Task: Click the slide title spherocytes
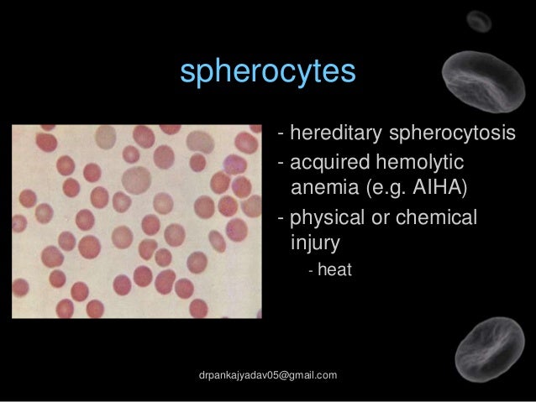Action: (x=268, y=72)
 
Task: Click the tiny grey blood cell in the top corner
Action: (x=480, y=20)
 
